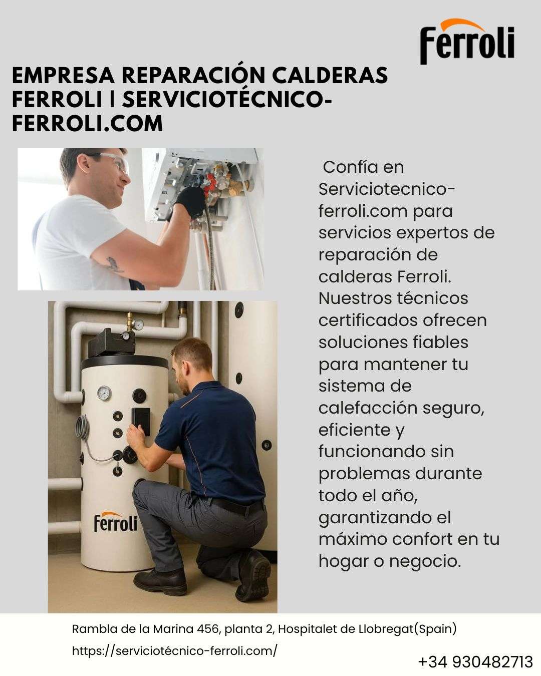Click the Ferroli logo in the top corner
467,42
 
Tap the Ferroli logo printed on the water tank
115,522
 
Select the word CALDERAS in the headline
330,76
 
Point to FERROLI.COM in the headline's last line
87,124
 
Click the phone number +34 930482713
475,662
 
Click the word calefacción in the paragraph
368,408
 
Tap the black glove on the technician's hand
189,202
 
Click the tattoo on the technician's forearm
114,264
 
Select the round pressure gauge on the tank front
104,393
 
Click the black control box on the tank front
141,421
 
